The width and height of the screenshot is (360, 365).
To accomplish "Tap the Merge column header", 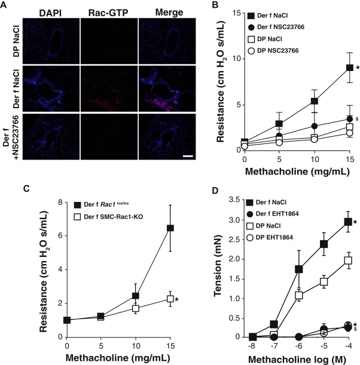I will tap(154, 13).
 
